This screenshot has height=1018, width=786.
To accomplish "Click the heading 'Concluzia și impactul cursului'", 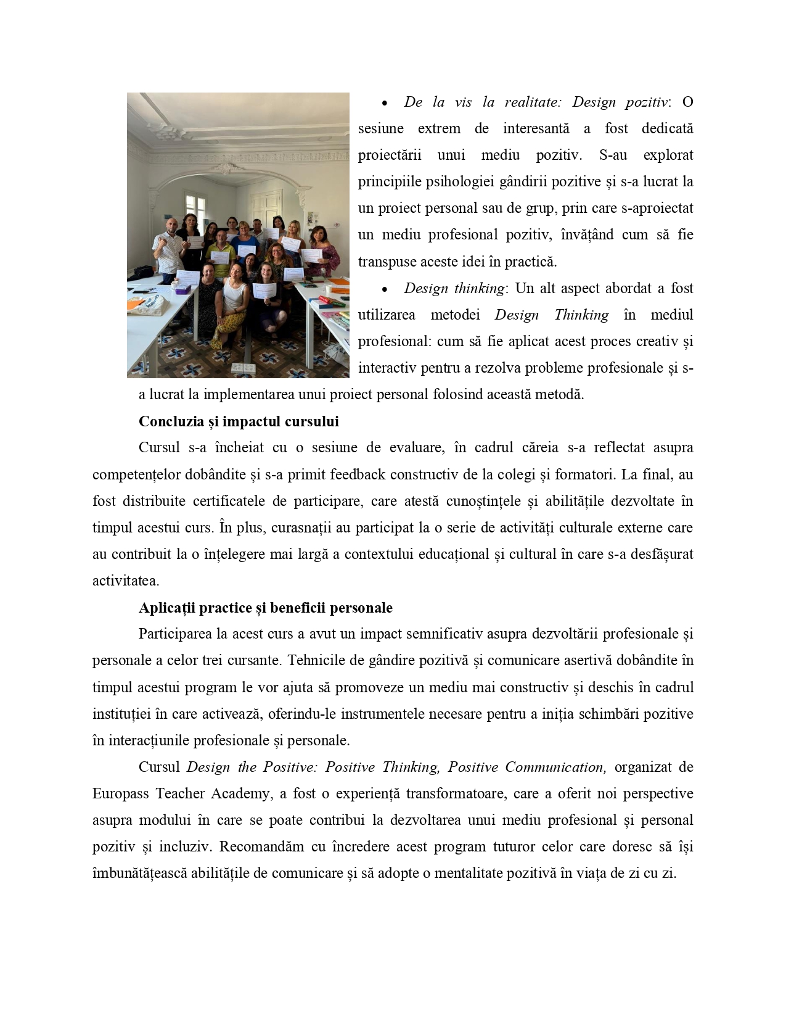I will [x=239, y=421].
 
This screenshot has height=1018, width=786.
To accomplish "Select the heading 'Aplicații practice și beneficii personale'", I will [x=265, y=608].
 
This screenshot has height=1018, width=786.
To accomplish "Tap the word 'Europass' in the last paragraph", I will [x=120, y=793].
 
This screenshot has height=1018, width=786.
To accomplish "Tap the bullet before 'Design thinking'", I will [x=385, y=289].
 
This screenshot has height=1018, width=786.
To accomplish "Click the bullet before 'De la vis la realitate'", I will [x=385, y=103].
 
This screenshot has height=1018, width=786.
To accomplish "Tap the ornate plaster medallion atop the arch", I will [x=227, y=168].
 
